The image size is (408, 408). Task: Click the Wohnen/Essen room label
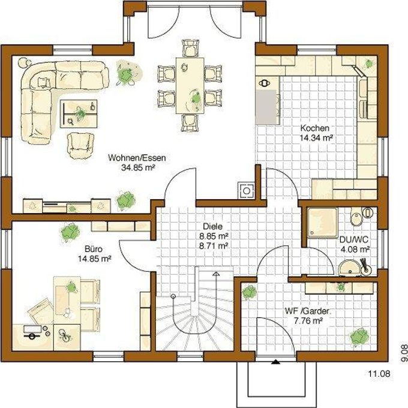[137, 158]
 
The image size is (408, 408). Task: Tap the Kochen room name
[314, 128]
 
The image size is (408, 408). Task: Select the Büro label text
[94, 249]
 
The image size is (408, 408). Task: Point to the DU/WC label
[354, 239]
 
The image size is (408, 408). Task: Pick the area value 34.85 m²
[138, 167]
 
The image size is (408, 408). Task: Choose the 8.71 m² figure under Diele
[214, 245]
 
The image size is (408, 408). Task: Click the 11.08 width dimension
[379, 374]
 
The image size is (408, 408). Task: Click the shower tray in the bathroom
[323, 223]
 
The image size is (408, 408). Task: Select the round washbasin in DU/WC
[350, 267]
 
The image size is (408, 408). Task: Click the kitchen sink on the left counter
[265, 83]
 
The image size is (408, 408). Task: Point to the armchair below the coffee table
[80, 145]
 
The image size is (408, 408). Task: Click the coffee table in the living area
[79, 113]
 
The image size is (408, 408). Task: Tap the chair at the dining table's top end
[190, 48]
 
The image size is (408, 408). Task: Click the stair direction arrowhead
[216, 274]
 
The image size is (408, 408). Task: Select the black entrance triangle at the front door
[275, 361]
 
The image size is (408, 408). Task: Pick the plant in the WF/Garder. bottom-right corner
[359, 337]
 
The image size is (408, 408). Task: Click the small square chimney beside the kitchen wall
[247, 191]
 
